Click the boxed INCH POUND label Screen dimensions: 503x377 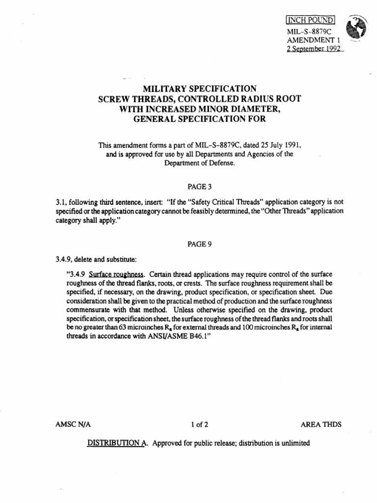coord(310,20)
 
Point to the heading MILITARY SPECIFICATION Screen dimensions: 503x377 coord(199,89)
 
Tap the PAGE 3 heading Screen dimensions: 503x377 coord(199,187)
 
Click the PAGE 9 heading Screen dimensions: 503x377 coord(199,245)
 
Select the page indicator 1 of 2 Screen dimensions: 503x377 coord(199,424)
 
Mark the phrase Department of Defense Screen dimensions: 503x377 coord(199,163)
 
